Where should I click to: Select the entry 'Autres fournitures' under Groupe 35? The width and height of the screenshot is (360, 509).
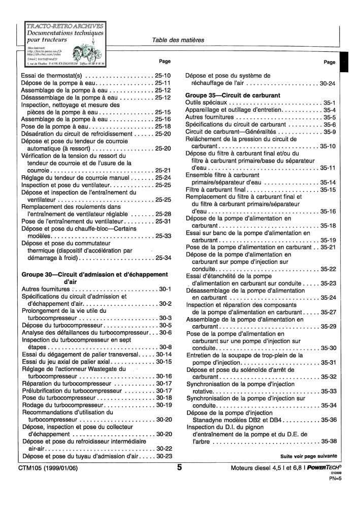(x=212, y=117)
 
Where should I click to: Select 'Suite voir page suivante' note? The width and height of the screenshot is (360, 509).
(x=308, y=456)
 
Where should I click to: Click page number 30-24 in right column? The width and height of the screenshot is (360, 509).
(x=328, y=83)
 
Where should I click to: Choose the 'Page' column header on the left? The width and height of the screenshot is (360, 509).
(x=165, y=61)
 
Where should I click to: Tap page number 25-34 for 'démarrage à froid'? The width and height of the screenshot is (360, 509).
(x=163, y=258)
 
